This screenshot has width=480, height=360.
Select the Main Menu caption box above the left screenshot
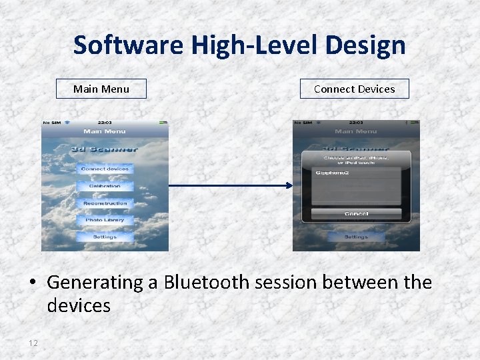click(x=101, y=89)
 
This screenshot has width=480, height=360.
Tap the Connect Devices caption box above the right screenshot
click(x=354, y=89)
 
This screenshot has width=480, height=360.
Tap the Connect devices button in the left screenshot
click(x=105, y=169)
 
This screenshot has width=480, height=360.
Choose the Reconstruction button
click(x=105, y=203)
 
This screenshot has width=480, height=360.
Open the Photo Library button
click(x=105, y=219)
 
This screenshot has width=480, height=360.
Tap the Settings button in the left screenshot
click(x=105, y=237)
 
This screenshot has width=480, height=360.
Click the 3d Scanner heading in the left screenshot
click(x=105, y=149)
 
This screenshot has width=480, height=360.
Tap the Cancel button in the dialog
click(x=356, y=214)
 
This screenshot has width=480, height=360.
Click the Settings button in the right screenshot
click(x=356, y=237)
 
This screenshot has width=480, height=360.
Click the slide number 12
click(x=33, y=343)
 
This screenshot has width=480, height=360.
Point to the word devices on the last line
click(x=78, y=306)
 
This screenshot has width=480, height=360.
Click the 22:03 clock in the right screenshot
click(x=356, y=123)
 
